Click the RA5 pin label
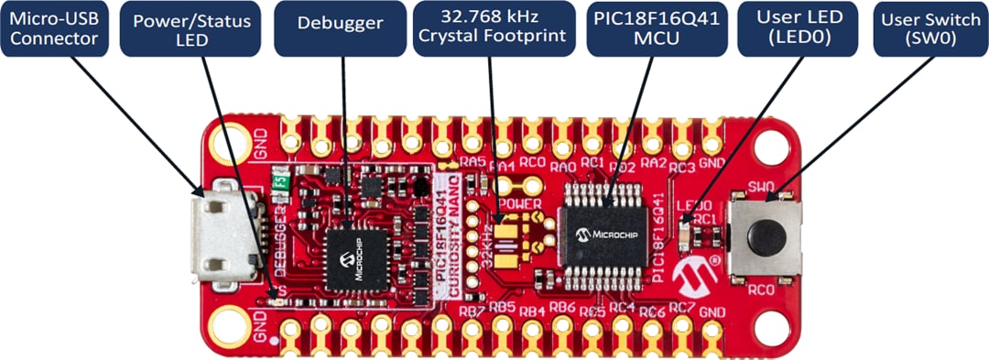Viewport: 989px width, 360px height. (473, 162)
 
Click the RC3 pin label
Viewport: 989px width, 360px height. (681, 168)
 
